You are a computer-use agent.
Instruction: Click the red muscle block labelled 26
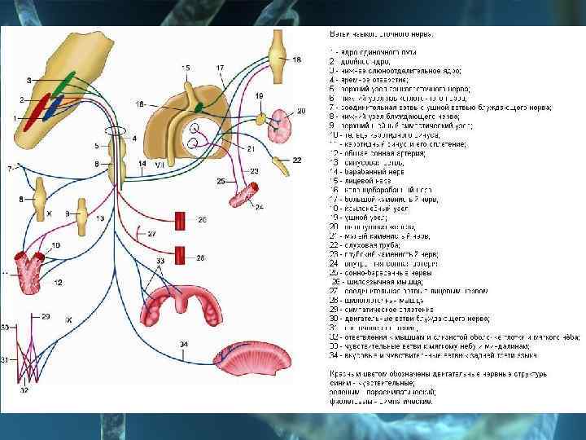181,219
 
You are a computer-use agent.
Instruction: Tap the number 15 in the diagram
186,67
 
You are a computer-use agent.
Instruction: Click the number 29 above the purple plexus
45,316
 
